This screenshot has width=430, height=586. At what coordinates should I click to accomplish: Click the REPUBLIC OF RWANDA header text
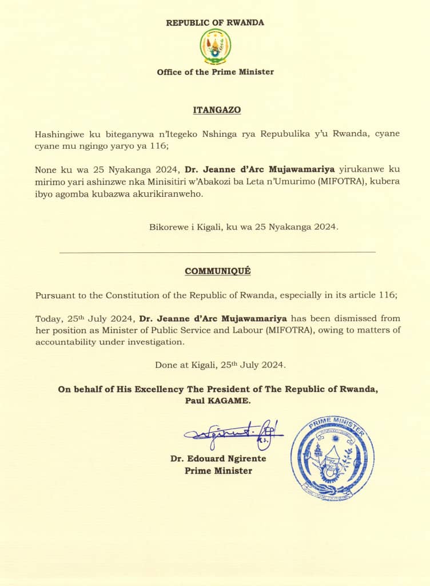point(215,23)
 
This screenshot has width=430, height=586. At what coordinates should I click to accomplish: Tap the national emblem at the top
point(215,46)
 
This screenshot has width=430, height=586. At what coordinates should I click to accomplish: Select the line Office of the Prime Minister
point(215,72)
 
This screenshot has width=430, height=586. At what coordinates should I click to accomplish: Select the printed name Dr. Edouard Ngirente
point(218,459)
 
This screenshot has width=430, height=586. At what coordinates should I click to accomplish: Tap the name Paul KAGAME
point(217,401)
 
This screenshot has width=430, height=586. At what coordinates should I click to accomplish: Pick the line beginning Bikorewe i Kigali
point(244,227)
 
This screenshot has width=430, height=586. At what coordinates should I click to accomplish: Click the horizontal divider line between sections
point(217,252)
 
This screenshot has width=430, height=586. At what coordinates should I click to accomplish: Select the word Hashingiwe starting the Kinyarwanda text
point(60,134)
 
